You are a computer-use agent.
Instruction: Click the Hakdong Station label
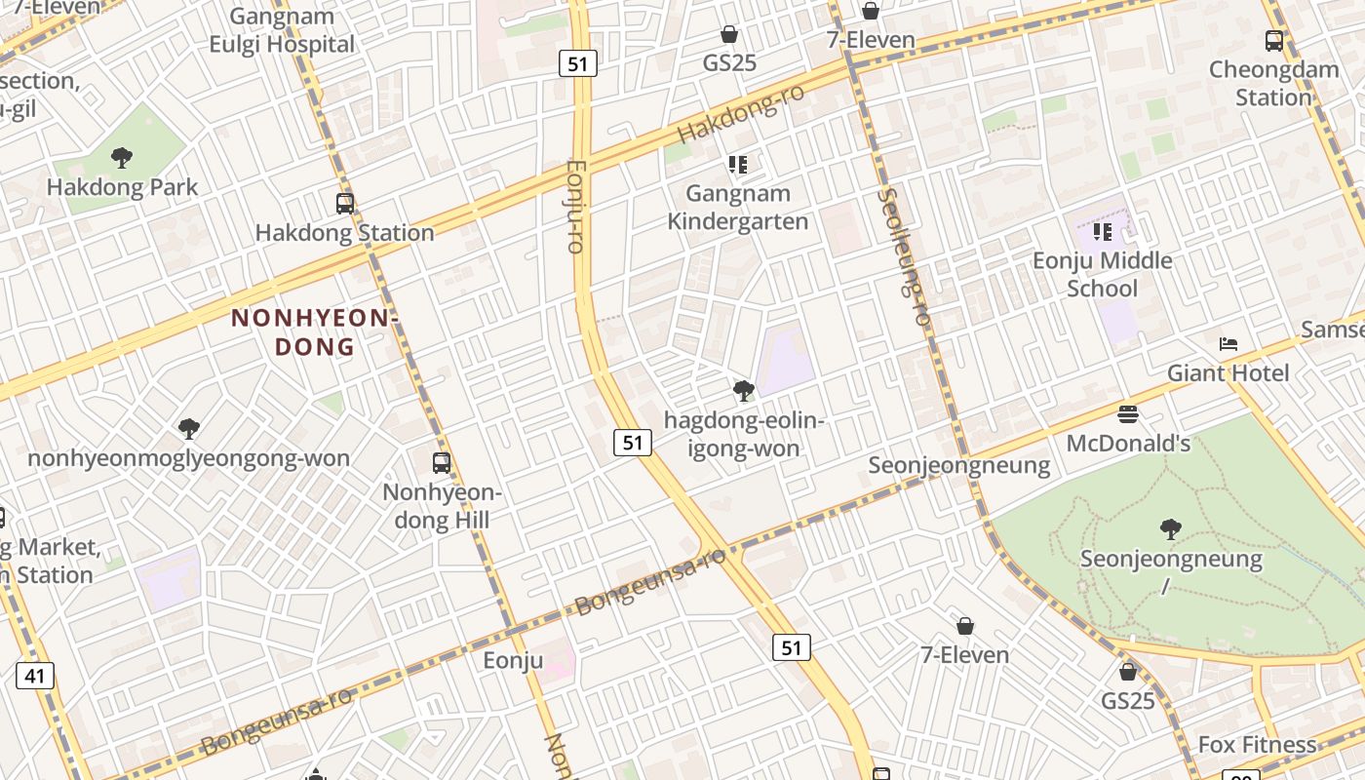pyautogui.click(x=344, y=233)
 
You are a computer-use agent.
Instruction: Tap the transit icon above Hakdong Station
pyautogui.click(x=344, y=204)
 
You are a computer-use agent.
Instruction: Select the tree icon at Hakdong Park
pyautogui.click(x=122, y=158)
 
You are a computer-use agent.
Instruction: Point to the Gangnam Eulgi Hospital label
pyautogui.click(x=282, y=30)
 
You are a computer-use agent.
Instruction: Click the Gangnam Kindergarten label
pyautogui.click(x=738, y=208)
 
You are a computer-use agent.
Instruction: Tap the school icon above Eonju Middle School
pyautogui.click(x=1103, y=232)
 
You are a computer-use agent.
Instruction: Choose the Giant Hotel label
pyautogui.click(x=1228, y=372)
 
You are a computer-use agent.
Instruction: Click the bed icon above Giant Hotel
pyautogui.click(x=1228, y=344)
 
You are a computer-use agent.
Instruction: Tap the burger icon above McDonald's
pyautogui.click(x=1128, y=414)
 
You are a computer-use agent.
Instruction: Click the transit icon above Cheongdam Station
pyautogui.click(x=1274, y=41)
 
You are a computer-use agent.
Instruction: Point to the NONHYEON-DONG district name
pyautogui.click(x=315, y=332)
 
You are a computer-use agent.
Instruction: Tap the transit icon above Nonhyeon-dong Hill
pyautogui.click(x=442, y=463)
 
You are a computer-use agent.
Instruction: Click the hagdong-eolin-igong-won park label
pyautogui.click(x=744, y=435)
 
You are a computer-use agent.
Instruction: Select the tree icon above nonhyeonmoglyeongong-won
pyautogui.click(x=189, y=428)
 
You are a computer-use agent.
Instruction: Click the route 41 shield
pyautogui.click(x=35, y=675)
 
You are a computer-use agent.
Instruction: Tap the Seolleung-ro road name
pyautogui.click(x=903, y=256)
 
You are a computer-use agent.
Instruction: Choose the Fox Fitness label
pyautogui.click(x=1257, y=745)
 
